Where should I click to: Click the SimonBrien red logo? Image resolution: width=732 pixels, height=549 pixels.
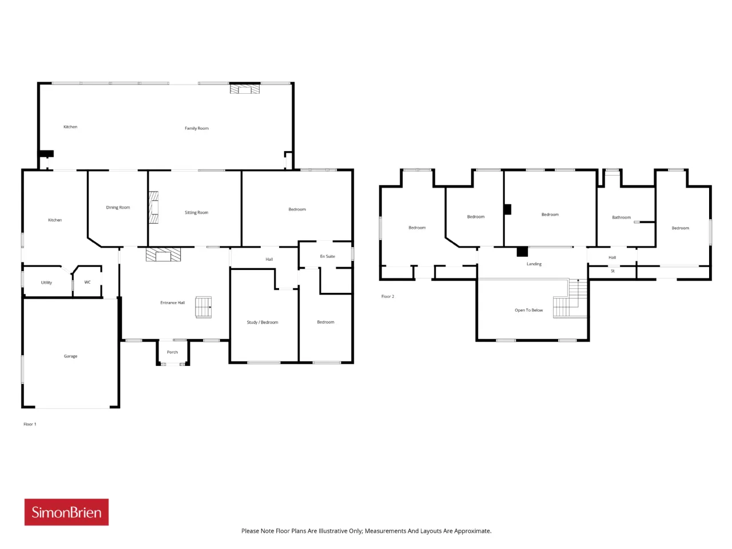point(66,512)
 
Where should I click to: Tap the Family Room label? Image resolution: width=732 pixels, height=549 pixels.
point(196,128)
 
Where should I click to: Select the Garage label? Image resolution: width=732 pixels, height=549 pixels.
point(70,356)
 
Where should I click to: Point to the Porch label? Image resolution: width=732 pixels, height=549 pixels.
point(172,352)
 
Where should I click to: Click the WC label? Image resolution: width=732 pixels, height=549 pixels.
point(87,282)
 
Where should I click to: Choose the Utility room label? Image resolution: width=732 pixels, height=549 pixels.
point(46,283)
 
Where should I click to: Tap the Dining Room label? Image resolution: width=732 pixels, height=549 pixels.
point(118,208)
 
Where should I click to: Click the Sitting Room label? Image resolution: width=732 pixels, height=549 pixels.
point(196,212)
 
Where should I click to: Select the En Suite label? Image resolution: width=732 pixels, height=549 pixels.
point(328,256)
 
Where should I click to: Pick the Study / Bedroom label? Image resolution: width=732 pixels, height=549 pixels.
point(262,323)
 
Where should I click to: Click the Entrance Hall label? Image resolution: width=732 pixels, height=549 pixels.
point(172,303)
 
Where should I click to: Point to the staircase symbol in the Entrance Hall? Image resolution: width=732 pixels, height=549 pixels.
point(203,307)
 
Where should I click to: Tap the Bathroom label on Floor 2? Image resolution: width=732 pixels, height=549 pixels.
point(621,217)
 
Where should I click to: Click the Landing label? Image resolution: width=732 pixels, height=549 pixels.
point(534,264)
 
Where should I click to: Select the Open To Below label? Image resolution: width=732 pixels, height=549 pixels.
point(528,311)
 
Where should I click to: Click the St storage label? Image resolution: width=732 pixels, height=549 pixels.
point(612,271)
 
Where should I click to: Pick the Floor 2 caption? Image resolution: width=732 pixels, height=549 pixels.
point(388,296)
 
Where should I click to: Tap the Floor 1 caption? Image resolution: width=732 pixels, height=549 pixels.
point(30,424)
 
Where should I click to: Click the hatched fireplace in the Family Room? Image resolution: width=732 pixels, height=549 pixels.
point(244,89)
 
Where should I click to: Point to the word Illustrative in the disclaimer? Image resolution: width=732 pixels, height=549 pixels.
point(336,531)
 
